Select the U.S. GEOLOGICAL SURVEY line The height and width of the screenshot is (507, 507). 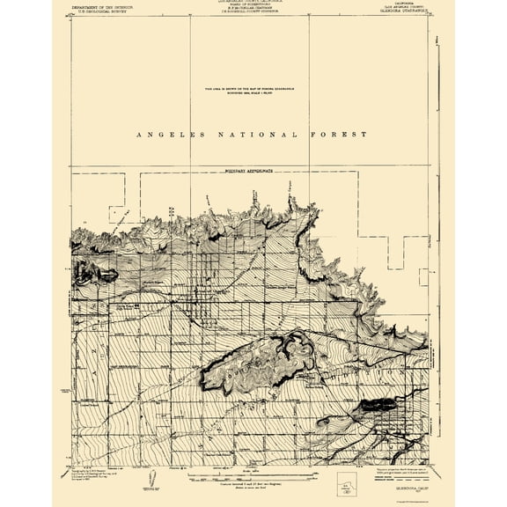click(x=99, y=12)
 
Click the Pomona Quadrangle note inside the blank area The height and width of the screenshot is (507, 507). click(x=253, y=91)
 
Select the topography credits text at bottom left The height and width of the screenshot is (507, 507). click(x=102, y=467)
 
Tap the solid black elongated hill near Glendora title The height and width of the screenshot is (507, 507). click(x=375, y=404)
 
